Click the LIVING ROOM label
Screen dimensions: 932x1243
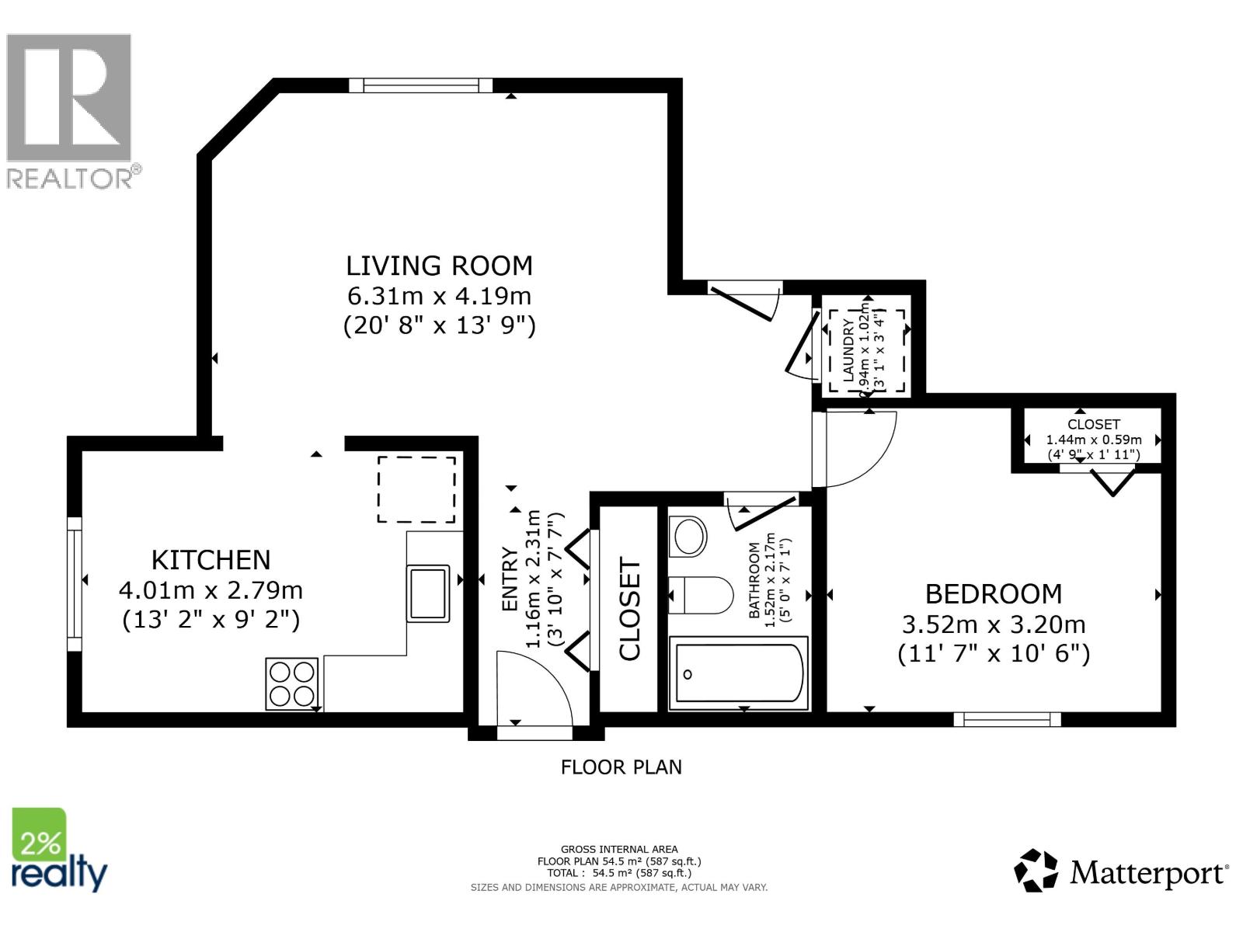tap(439, 266)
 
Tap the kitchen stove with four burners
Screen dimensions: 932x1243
tap(292, 683)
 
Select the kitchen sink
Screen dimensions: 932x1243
tap(428, 593)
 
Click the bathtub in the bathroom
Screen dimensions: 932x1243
tap(739, 673)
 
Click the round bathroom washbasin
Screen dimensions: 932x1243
tap(688, 536)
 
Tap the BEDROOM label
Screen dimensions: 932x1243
tap(993, 594)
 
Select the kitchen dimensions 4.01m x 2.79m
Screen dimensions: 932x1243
tap(211, 590)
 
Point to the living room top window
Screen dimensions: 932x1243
tap(420, 85)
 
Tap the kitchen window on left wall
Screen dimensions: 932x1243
tap(75, 584)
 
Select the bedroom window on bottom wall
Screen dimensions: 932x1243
tap(1007, 719)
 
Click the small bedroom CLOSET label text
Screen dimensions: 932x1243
tap(1093, 424)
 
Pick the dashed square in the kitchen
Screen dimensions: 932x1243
tap(416, 489)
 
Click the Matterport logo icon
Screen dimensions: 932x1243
tap(1036, 871)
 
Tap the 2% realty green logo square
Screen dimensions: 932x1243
tap(39, 834)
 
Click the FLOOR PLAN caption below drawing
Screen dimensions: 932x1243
tap(621, 767)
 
